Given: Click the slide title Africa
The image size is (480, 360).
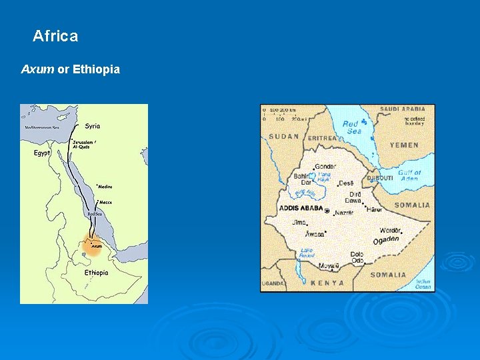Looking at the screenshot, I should click(55, 36).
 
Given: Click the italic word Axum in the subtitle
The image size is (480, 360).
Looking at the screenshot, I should click(38, 69).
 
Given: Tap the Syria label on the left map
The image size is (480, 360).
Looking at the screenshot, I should click(93, 125).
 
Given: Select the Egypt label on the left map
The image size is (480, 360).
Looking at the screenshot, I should click(42, 153).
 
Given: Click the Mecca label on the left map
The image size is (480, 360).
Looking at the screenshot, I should click(105, 202).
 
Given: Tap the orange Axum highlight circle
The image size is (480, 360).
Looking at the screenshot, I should click(93, 248).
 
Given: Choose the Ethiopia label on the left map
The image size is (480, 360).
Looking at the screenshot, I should click(96, 272).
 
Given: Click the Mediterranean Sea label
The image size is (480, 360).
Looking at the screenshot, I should click(42, 127).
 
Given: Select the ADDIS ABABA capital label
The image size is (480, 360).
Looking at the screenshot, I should click(301, 209).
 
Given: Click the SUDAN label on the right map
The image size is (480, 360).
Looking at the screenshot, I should click(284, 137).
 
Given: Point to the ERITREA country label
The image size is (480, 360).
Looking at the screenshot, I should click(323, 138).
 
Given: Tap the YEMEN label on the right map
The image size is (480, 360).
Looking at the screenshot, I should click(404, 145).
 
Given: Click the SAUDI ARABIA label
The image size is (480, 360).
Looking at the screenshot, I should click(402, 109).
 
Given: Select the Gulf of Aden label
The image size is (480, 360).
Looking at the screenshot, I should click(409, 175).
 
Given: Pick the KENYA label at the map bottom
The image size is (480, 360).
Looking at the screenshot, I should click(327, 283).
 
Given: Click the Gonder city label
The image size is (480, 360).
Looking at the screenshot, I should click(325, 166).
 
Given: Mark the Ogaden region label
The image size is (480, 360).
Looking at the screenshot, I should click(386, 240).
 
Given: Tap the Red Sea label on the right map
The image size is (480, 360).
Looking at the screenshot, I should click(351, 127).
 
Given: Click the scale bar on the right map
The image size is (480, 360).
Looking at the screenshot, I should click(281, 115).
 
